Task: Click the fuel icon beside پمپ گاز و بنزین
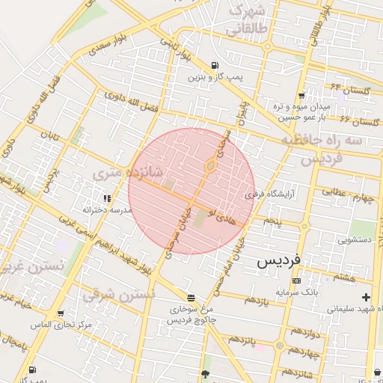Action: (x=215, y=65)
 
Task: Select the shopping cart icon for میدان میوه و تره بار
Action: (x=301, y=96)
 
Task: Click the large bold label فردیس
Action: (x=278, y=260)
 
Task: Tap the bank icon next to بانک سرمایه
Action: (x=297, y=281)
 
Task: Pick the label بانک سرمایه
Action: (x=297, y=291)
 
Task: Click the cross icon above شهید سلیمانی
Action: (x=366, y=298)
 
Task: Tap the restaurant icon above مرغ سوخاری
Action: (x=190, y=297)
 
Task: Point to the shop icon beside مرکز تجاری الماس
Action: (x=60, y=314)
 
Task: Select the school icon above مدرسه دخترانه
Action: (x=106, y=199)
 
